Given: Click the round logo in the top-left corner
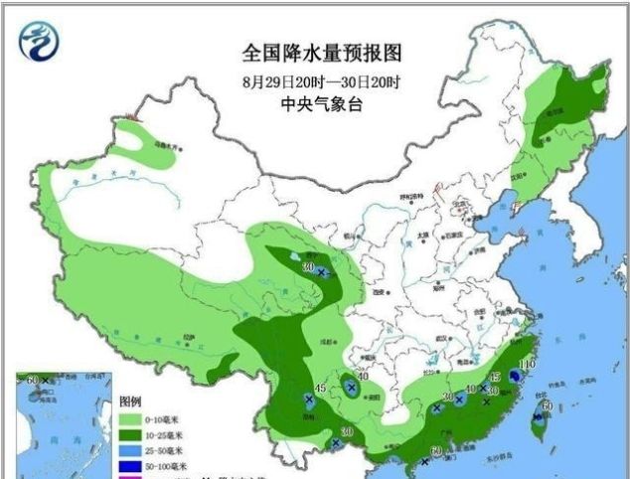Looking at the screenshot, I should [x=38, y=41].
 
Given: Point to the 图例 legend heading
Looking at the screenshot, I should [x=130, y=401].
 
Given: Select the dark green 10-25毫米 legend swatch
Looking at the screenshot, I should [x=130, y=435].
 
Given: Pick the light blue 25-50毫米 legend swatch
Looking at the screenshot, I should [x=130, y=450].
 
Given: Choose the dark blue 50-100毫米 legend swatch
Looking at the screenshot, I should [x=130, y=465].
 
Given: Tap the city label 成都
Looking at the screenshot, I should [x=319, y=340].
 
